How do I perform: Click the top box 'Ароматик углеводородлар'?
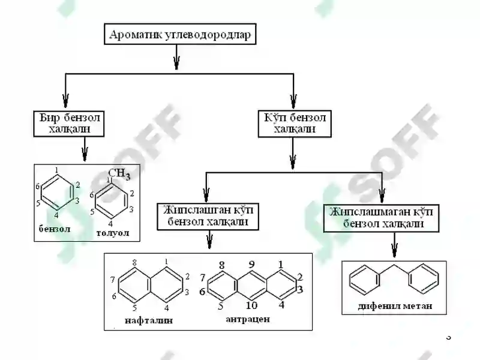[x=180, y=34]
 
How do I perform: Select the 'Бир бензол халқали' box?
[x=69, y=124]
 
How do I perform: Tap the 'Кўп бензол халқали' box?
[x=295, y=124]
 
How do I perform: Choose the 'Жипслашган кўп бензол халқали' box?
[x=208, y=217]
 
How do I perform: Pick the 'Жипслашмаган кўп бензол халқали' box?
[x=381, y=218]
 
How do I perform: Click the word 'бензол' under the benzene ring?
[x=55, y=229]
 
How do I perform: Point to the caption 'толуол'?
[x=113, y=233]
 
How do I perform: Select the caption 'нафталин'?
[x=149, y=320]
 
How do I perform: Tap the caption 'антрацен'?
[x=248, y=319]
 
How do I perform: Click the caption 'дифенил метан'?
[x=395, y=306]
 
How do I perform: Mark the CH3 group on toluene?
[x=119, y=173]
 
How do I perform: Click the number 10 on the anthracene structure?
[x=251, y=305]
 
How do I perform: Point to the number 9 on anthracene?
[x=251, y=264]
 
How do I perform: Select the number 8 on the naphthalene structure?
[x=134, y=262]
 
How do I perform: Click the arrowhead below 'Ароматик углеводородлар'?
[x=176, y=64]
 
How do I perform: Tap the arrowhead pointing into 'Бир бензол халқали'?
[x=65, y=101]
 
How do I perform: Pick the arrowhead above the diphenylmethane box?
[x=395, y=250]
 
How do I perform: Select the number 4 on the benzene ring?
[x=56, y=215]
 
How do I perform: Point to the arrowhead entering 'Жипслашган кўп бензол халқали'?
[x=206, y=194]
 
